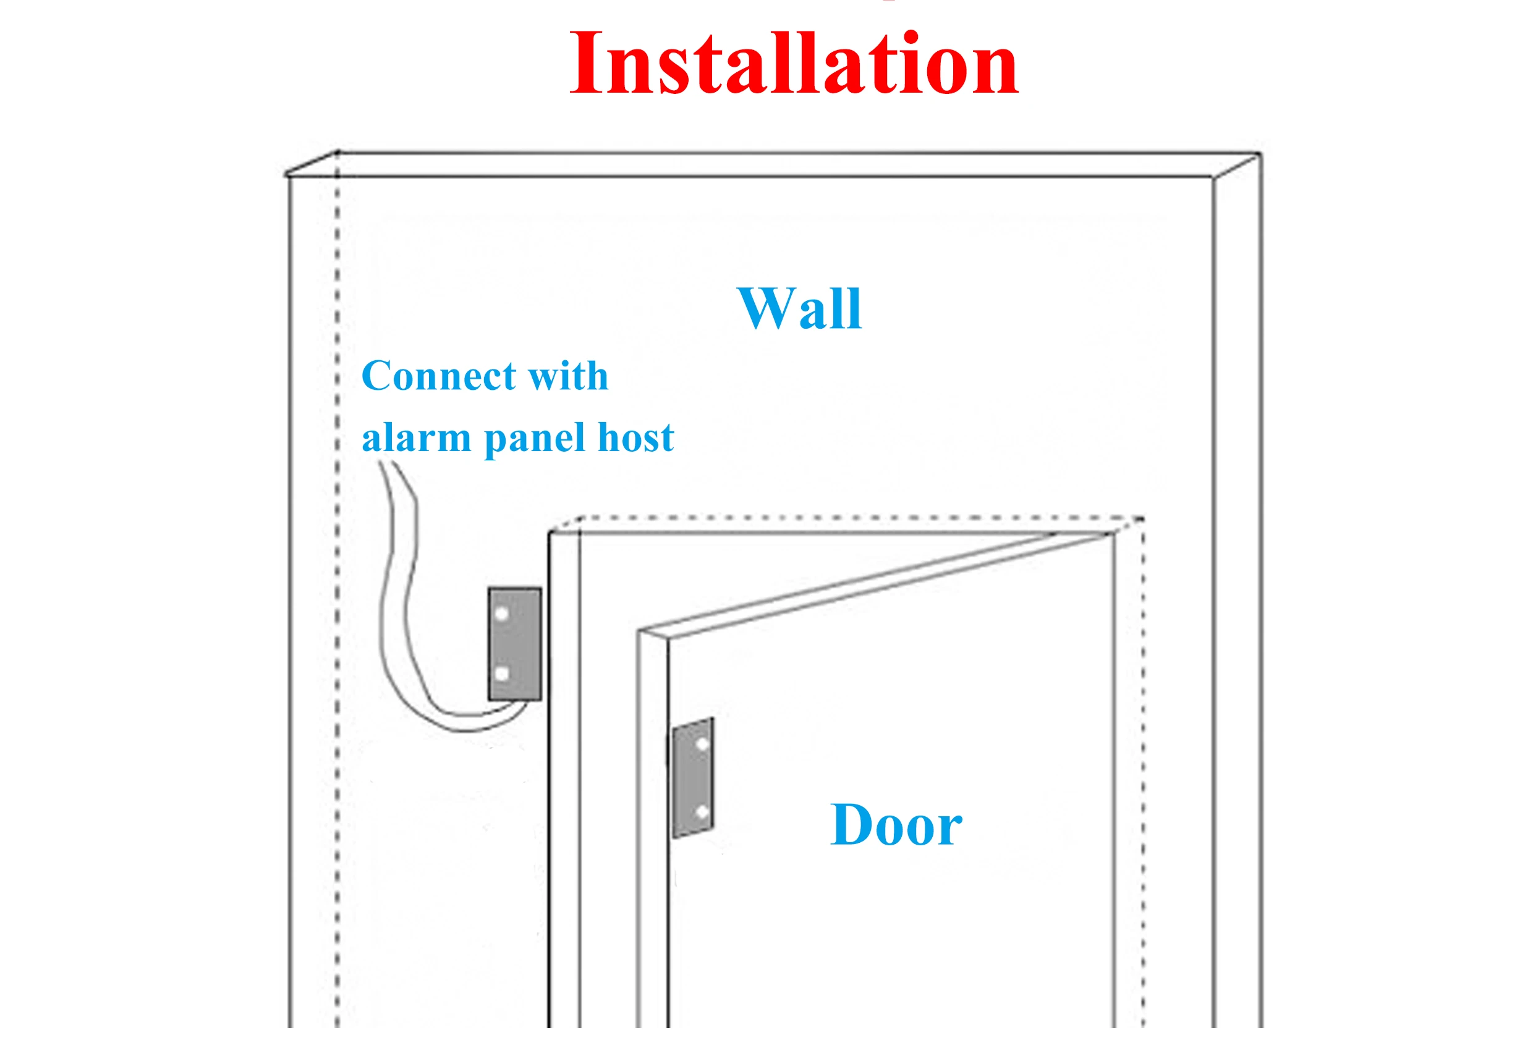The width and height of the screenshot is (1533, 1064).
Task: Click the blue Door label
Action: (x=896, y=825)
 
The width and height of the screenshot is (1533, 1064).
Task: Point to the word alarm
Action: (x=416, y=438)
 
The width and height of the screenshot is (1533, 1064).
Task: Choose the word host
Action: (x=635, y=438)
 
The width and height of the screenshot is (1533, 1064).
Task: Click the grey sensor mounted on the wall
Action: (x=514, y=644)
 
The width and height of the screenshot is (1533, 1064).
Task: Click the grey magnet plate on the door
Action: (x=693, y=777)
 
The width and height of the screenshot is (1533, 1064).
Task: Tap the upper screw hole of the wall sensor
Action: (x=502, y=614)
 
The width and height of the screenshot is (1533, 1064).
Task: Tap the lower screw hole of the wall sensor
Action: (x=502, y=673)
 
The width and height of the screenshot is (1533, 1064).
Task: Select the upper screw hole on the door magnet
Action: (x=702, y=744)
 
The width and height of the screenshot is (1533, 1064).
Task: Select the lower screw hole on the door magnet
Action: (x=702, y=812)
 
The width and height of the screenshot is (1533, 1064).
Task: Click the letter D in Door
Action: (x=851, y=825)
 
